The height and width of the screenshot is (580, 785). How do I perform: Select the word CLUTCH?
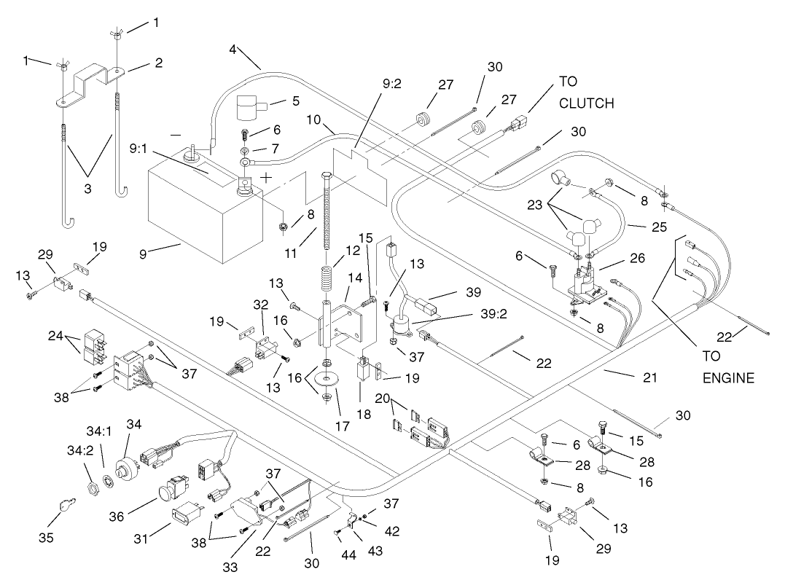[586, 104]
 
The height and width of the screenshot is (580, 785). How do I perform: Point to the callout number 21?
[649, 377]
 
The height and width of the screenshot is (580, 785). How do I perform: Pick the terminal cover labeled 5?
[251, 109]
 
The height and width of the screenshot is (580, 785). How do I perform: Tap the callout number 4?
[232, 50]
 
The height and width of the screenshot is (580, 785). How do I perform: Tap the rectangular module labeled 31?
[185, 520]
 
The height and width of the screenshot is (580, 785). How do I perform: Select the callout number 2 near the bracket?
[157, 63]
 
